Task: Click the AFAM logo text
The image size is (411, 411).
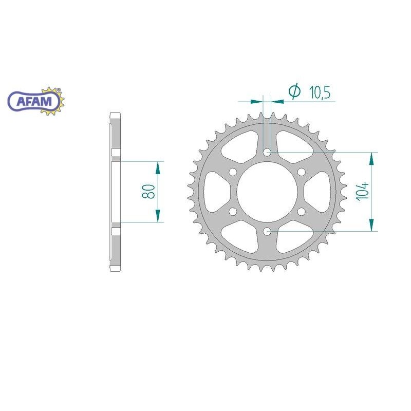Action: tap(34, 101)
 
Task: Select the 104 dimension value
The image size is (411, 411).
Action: tap(362, 191)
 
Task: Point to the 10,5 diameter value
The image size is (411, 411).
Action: tap(320, 92)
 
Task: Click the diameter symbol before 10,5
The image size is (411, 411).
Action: tap(294, 91)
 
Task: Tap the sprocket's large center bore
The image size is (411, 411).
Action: tap(267, 192)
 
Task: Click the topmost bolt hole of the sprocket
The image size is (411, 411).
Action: tap(267, 152)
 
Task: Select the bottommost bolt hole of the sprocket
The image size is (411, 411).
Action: tap(267, 231)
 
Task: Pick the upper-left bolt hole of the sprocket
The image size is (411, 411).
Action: tap(233, 172)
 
